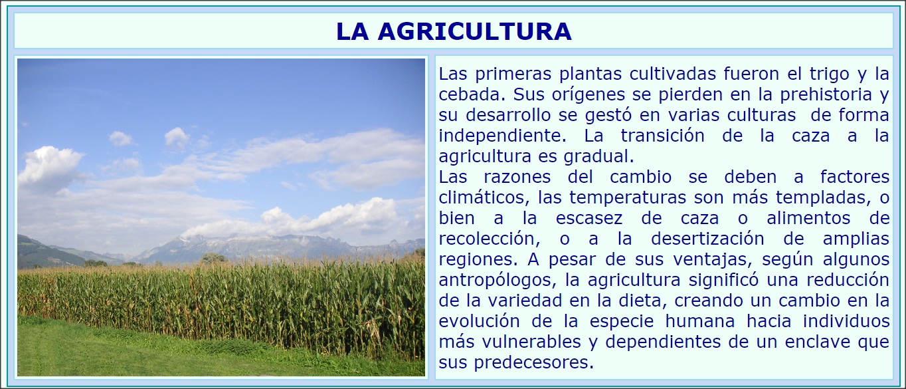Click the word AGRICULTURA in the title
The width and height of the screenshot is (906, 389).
[x=474, y=31]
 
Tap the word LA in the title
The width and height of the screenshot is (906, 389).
[x=352, y=31]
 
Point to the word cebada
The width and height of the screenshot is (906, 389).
[x=472, y=94]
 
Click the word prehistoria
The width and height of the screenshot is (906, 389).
[x=826, y=94]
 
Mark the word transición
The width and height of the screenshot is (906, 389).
[x=662, y=136]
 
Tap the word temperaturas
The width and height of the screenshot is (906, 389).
[x=628, y=198]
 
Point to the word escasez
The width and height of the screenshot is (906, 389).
[x=589, y=219]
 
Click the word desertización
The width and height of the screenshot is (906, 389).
[x=707, y=239]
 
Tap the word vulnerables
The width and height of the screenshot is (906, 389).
[x=531, y=342]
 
